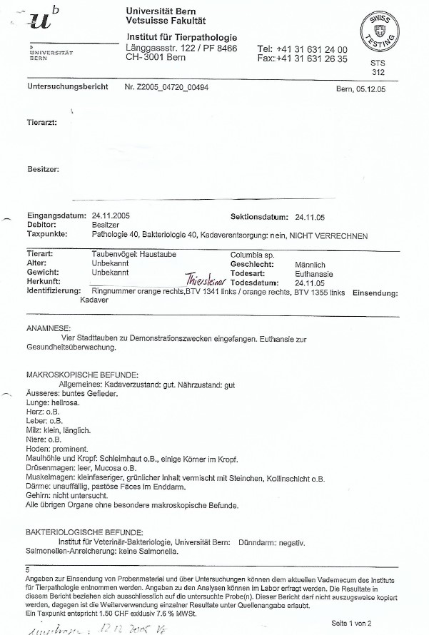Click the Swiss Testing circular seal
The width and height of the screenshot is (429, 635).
click(380, 30)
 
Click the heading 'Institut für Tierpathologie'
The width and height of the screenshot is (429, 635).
click(181, 36)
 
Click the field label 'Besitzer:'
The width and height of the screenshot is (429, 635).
click(43, 170)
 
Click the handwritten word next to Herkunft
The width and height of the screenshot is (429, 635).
click(204, 281)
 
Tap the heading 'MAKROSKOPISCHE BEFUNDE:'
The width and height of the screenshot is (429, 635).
click(82, 375)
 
